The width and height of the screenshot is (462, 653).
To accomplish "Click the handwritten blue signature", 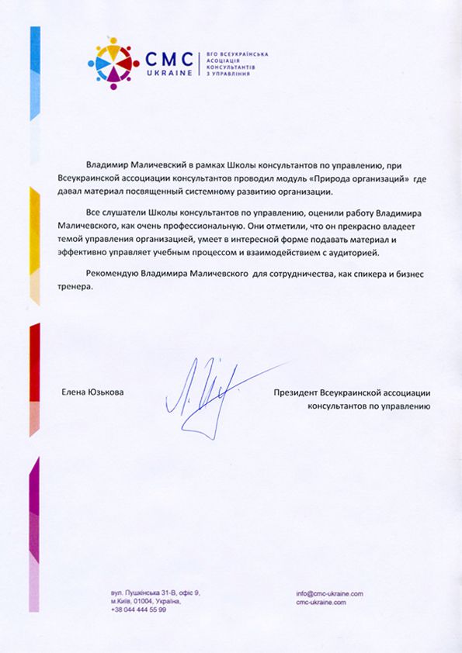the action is pos(203,395).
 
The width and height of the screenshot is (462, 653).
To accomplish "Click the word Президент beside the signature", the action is pos(297,393).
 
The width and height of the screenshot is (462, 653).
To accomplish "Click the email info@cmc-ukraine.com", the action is pos(329,593).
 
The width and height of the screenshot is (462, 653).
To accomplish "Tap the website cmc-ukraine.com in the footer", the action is pos(321,602).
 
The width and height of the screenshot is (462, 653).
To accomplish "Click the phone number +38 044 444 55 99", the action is pos(138,610).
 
